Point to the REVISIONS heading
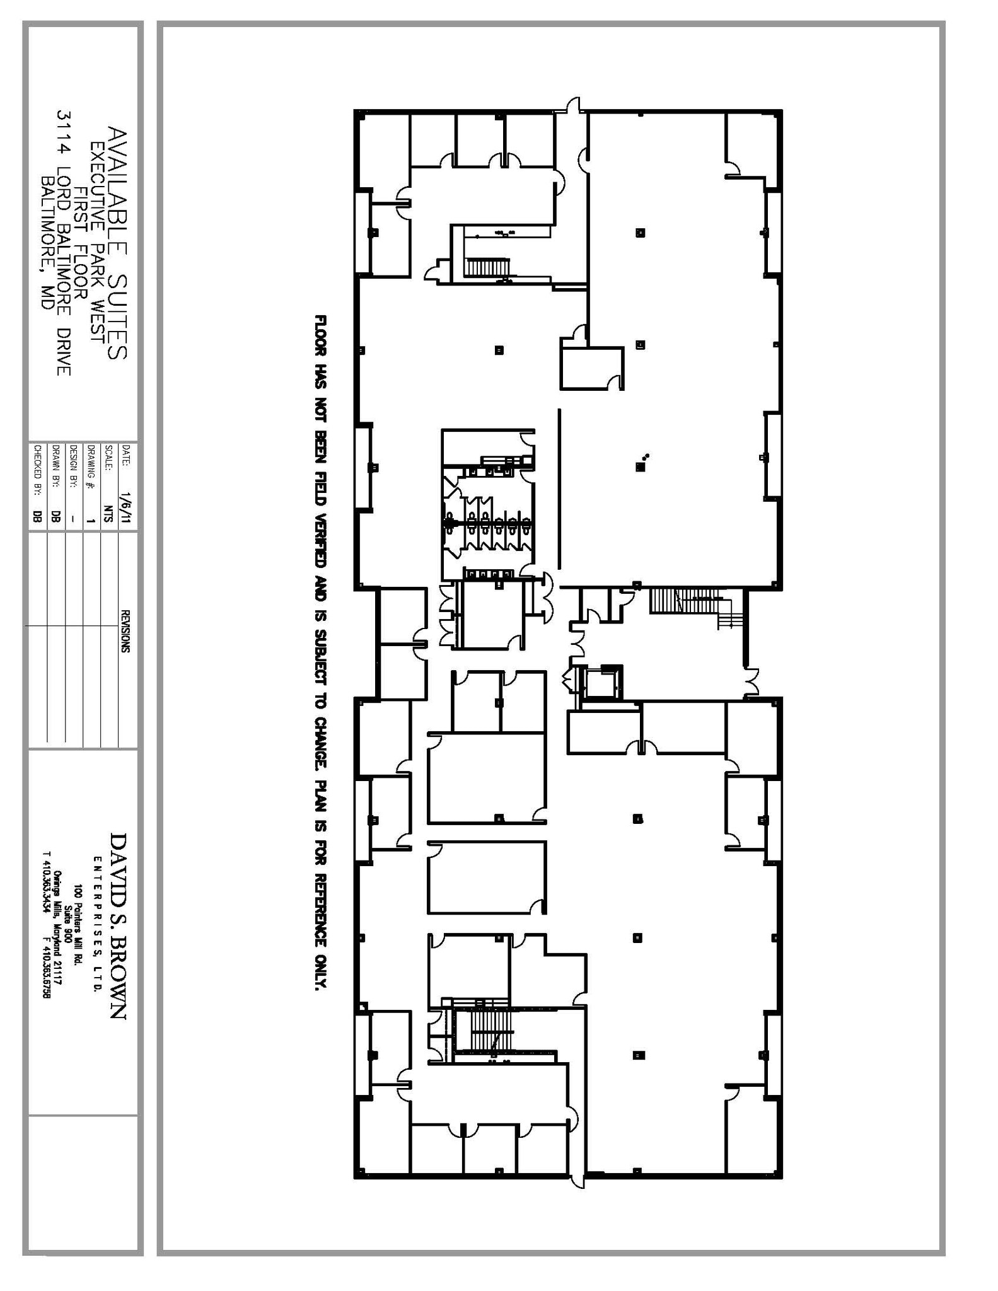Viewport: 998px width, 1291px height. [125, 631]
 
